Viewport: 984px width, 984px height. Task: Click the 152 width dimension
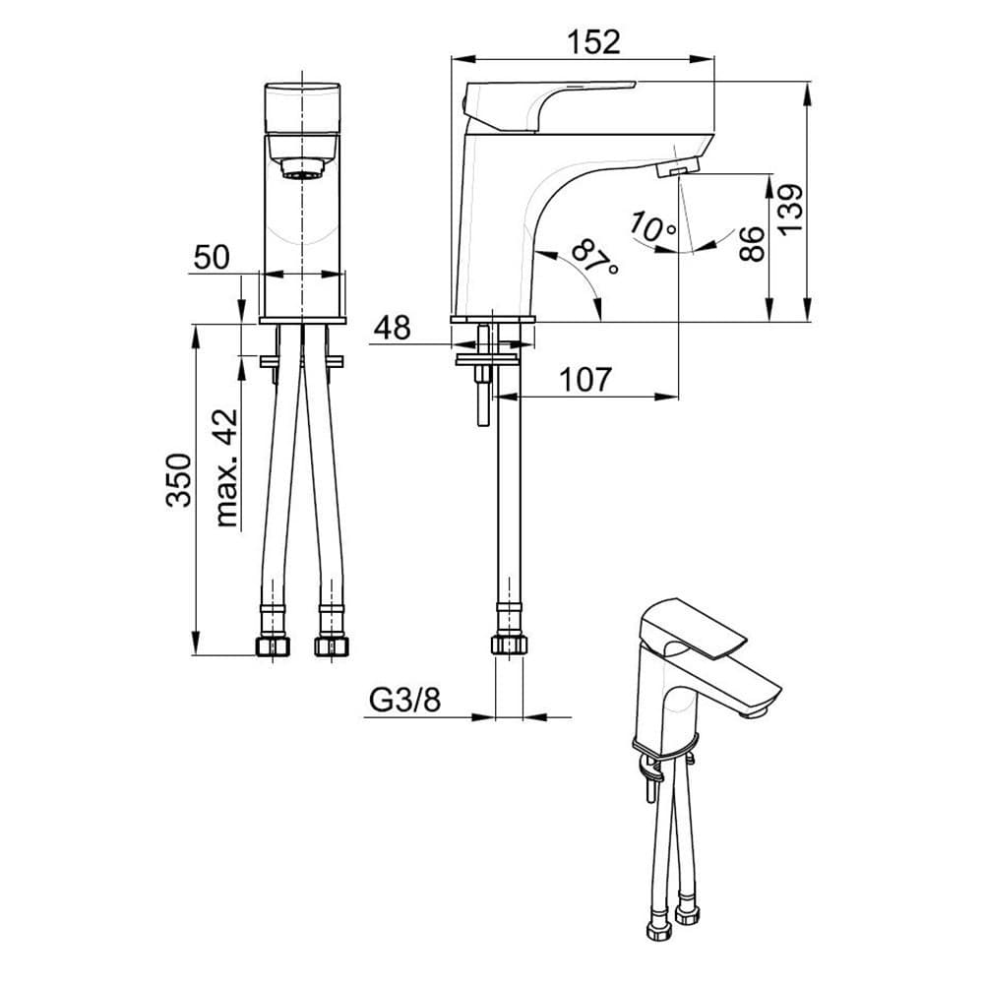coord(593,41)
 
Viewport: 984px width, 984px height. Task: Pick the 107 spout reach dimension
coord(585,378)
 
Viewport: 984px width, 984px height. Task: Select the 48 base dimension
coord(392,328)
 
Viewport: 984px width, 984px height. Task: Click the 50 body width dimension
coord(211,258)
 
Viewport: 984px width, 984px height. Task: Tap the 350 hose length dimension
coord(178,479)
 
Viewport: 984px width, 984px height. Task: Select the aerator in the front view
coord(302,168)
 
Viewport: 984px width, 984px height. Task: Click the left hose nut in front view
coord(272,646)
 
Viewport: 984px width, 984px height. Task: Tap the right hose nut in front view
coord(332,646)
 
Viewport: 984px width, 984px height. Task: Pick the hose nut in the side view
coord(508,646)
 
